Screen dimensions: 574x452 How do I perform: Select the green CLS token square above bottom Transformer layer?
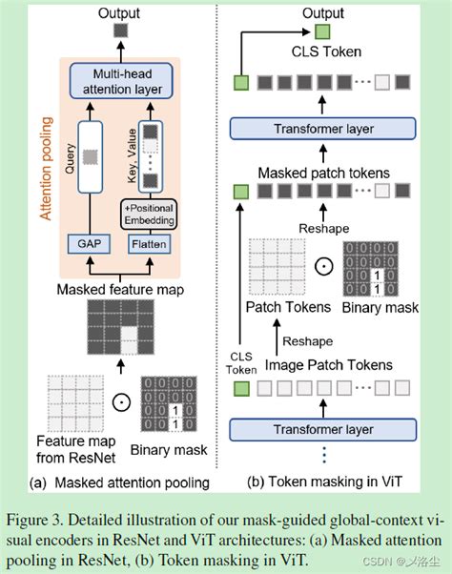click(x=240, y=388)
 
